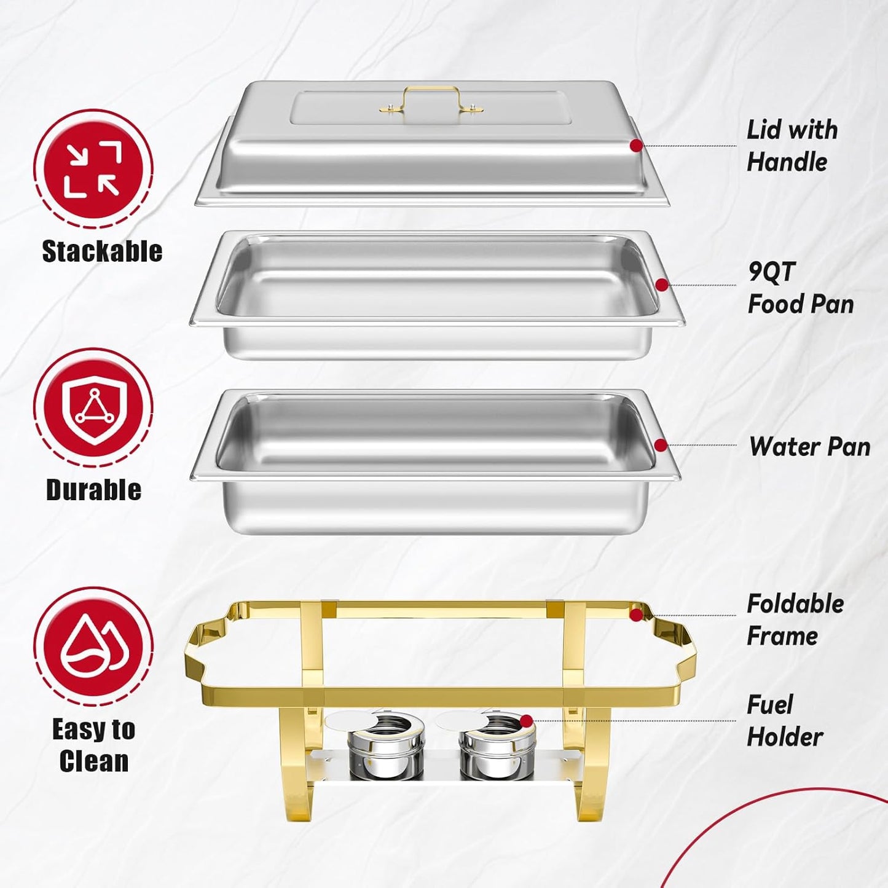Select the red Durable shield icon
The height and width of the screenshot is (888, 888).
[x=93, y=407]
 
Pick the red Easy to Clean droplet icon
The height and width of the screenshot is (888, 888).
[x=93, y=646]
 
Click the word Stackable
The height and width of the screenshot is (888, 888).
[x=102, y=251]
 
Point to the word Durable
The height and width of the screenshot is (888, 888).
[x=93, y=490]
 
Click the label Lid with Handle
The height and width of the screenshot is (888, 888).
[x=792, y=146]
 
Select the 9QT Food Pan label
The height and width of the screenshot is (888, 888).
[x=800, y=288]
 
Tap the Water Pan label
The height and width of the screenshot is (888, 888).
[x=809, y=447]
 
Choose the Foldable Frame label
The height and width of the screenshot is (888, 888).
[x=795, y=619]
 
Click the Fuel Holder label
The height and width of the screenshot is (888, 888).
[x=784, y=721]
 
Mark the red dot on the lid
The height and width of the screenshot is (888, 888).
[x=637, y=146]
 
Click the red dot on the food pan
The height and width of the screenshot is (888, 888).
[x=662, y=285]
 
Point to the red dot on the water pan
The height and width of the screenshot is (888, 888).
[x=661, y=445]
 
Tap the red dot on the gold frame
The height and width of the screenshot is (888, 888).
[x=637, y=615]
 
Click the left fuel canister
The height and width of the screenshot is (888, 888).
[x=386, y=746]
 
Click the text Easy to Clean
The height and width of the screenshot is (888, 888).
[x=93, y=745]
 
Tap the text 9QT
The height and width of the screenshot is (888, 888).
[x=772, y=272]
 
